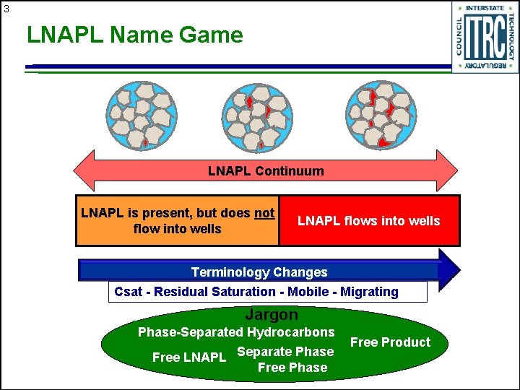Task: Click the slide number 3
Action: point(6,9)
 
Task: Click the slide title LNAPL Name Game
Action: point(135,35)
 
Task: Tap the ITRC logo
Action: point(485,38)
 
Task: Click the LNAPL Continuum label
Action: point(266,171)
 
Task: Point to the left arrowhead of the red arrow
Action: point(83,171)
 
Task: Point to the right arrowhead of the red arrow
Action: point(447,171)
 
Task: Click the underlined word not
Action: point(264,213)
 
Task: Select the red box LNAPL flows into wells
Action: point(368,221)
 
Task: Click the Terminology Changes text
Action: point(259,272)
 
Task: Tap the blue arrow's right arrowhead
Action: point(449,269)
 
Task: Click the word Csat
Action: point(129,292)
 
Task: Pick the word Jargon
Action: point(272,315)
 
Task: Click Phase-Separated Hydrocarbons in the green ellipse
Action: point(236,332)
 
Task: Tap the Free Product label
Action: point(390,342)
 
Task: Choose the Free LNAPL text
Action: point(189,357)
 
